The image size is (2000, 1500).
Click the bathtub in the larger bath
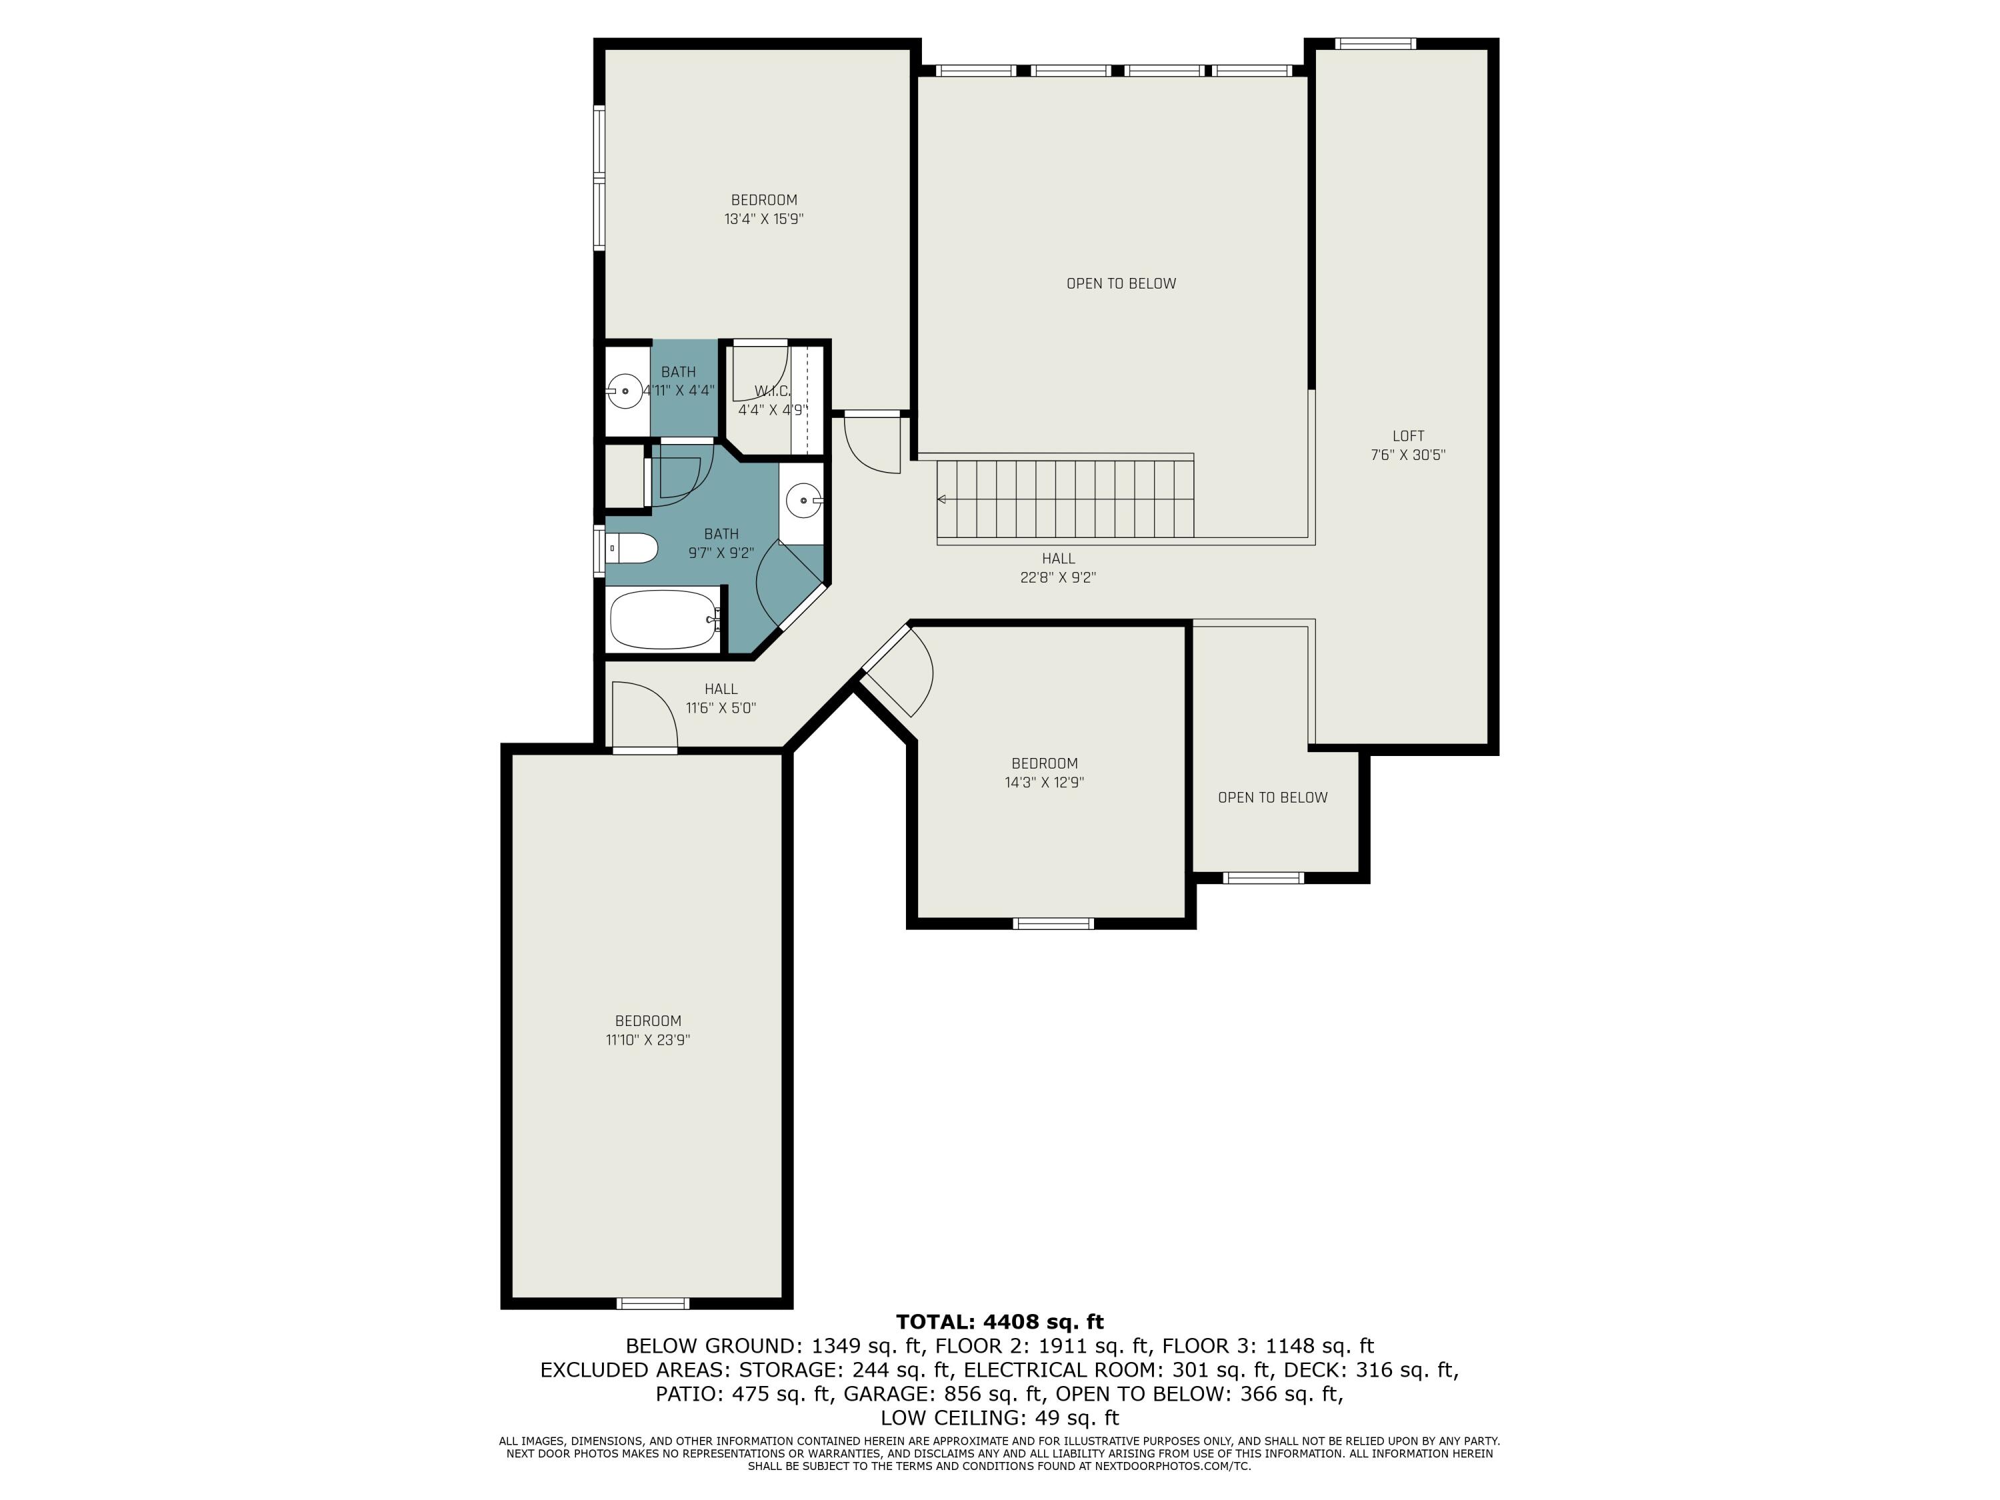tap(663, 619)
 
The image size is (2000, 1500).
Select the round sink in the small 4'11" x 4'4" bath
tap(624, 391)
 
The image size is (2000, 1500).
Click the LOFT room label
tap(1408, 436)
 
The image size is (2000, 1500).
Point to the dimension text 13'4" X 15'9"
tap(764, 219)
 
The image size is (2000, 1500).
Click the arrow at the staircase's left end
tap(942, 499)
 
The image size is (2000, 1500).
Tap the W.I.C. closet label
tap(772, 391)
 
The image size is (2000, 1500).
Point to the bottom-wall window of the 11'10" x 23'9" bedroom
tap(653, 1303)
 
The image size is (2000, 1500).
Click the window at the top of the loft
tap(1375, 43)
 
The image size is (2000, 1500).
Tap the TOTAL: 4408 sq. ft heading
tap(1000, 1322)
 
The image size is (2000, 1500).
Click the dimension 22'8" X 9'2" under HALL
tap(1058, 578)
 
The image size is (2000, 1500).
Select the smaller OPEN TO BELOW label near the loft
tap(1272, 797)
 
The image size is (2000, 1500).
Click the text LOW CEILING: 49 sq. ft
tap(1000, 1418)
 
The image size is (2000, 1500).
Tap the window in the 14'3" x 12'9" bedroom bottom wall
tap(1053, 923)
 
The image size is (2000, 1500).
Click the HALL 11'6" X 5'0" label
tap(721, 699)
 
